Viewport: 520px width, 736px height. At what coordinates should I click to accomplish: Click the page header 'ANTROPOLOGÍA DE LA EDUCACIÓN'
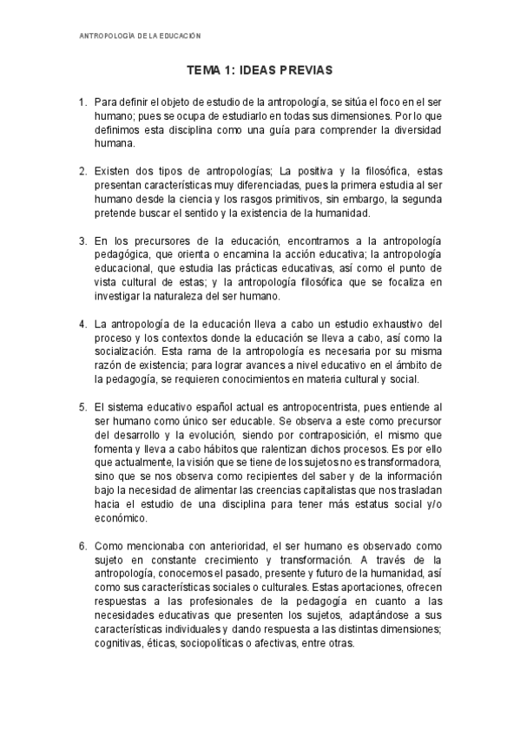point(140,36)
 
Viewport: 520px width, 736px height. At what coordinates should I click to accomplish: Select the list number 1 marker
point(82,102)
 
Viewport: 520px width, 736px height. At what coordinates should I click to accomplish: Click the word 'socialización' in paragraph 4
point(127,352)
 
